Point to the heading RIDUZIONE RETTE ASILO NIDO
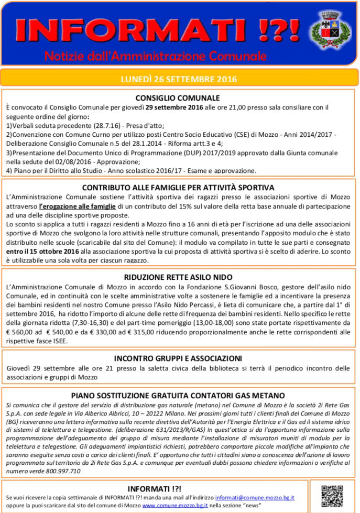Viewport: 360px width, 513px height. click(x=178, y=277)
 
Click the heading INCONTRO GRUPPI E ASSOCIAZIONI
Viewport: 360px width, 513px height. click(x=178, y=358)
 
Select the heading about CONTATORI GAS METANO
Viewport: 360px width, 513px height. click(x=178, y=395)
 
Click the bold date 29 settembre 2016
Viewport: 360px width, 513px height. click(x=174, y=107)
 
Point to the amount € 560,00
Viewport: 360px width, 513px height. click(x=24, y=333)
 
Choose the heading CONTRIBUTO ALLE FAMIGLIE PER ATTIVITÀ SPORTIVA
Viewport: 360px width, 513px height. click(x=178, y=187)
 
